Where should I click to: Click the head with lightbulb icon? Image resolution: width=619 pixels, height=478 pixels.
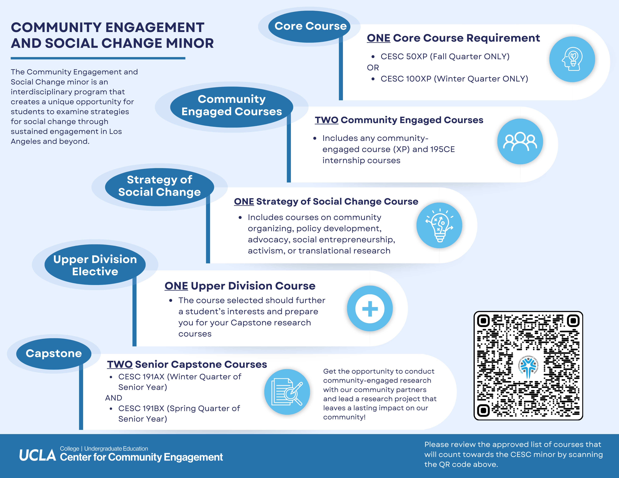point(572,59)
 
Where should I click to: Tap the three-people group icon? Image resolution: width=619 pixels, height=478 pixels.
point(520,141)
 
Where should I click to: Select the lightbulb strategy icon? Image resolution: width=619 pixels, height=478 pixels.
point(439,225)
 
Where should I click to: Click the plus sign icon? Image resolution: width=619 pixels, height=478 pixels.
point(370,308)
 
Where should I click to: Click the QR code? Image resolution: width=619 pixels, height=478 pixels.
point(528,365)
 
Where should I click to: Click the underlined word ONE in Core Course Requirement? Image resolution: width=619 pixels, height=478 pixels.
point(378,38)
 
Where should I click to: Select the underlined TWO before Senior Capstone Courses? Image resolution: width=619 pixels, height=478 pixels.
point(120,364)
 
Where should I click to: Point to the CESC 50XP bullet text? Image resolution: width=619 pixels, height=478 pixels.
point(445,57)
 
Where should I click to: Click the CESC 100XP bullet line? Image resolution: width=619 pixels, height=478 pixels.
point(454,79)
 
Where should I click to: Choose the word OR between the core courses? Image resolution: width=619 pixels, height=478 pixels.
point(373,68)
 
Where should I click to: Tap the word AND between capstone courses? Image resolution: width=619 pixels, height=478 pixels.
point(113,398)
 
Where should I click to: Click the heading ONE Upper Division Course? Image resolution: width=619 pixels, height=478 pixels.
point(240,286)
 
